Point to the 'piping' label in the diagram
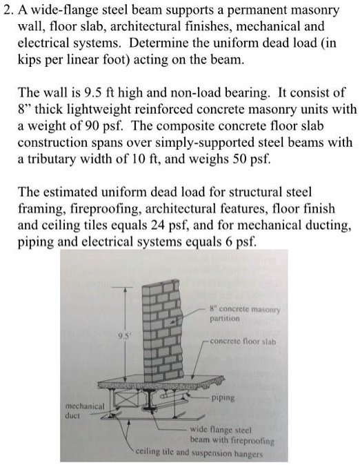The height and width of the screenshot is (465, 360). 222,398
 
